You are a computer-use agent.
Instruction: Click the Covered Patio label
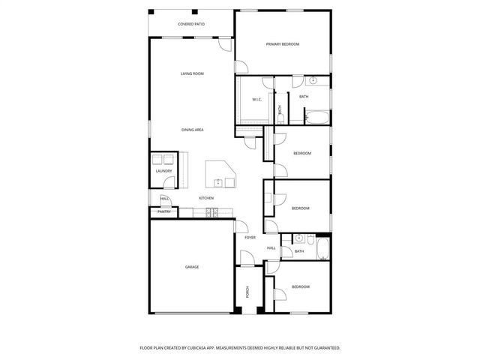[191, 25]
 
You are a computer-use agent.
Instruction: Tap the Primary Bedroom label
[282, 44]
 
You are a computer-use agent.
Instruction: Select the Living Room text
[192, 73]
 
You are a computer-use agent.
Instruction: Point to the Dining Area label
[192, 130]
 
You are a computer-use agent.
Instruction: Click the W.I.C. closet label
[256, 99]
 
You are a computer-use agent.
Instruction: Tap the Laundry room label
[163, 171]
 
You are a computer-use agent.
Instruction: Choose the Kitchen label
[206, 198]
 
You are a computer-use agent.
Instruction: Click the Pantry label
[163, 211]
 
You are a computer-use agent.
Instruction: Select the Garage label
[192, 266]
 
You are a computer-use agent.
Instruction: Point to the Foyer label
[250, 238]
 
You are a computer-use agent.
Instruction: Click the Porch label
[247, 292]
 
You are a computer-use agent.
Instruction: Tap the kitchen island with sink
[221, 175]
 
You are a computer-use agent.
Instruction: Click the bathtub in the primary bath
[317, 117]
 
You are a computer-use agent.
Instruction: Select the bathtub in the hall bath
[323, 250]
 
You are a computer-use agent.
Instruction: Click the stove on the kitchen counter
[211, 212]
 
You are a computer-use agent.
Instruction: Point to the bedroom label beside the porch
[301, 286]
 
